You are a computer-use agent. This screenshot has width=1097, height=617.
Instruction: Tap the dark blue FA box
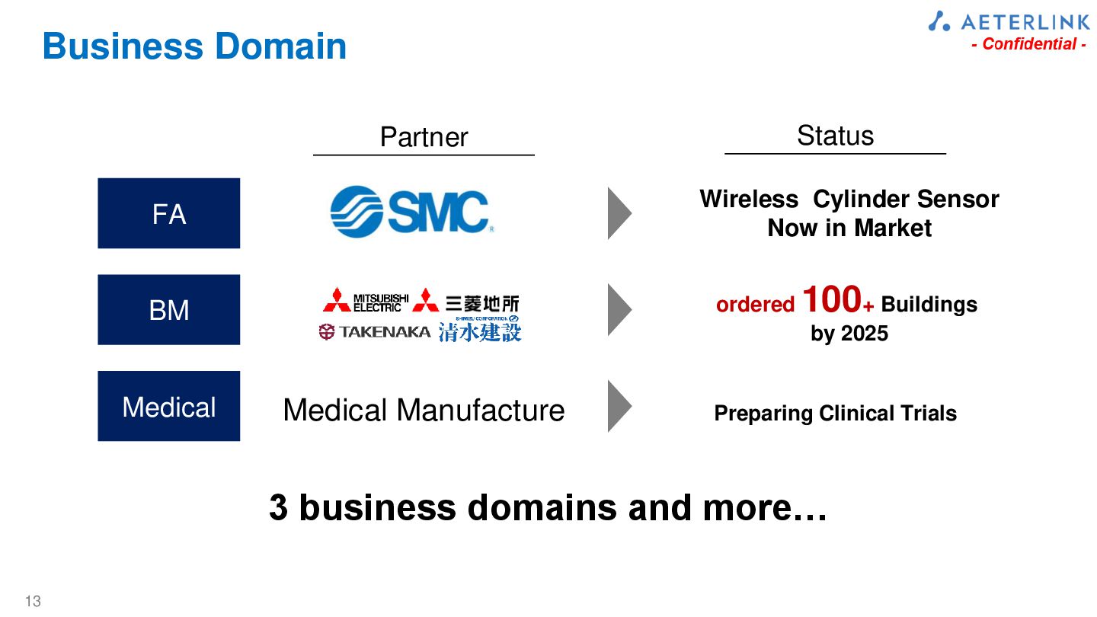[168, 213]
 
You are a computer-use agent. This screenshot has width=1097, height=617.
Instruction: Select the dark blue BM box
[168, 309]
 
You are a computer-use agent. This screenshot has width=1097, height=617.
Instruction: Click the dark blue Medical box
[168, 406]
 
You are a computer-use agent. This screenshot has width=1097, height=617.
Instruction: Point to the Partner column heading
[424, 137]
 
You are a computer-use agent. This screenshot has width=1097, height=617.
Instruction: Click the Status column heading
[835, 136]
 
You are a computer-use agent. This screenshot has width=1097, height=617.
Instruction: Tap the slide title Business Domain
[194, 46]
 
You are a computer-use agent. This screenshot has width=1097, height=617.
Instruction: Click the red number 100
[832, 300]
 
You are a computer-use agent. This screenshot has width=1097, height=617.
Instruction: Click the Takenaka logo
[375, 331]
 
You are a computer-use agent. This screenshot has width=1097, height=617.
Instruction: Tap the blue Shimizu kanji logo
[480, 331]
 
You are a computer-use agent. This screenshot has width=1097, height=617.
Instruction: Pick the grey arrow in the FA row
[619, 213]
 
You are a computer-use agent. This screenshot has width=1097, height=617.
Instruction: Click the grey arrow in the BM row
[619, 309]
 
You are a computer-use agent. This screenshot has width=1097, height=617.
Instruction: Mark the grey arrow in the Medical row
[619, 406]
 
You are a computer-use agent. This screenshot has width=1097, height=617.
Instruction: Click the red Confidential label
[1028, 44]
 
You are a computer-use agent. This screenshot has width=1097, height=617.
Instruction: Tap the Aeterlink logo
[1009, 21]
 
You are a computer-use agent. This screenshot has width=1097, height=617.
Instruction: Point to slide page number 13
[33, 601]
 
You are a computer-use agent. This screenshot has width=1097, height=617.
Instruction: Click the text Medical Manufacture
[424, 411]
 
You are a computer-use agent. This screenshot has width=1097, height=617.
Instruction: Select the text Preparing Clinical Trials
[835, 414]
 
